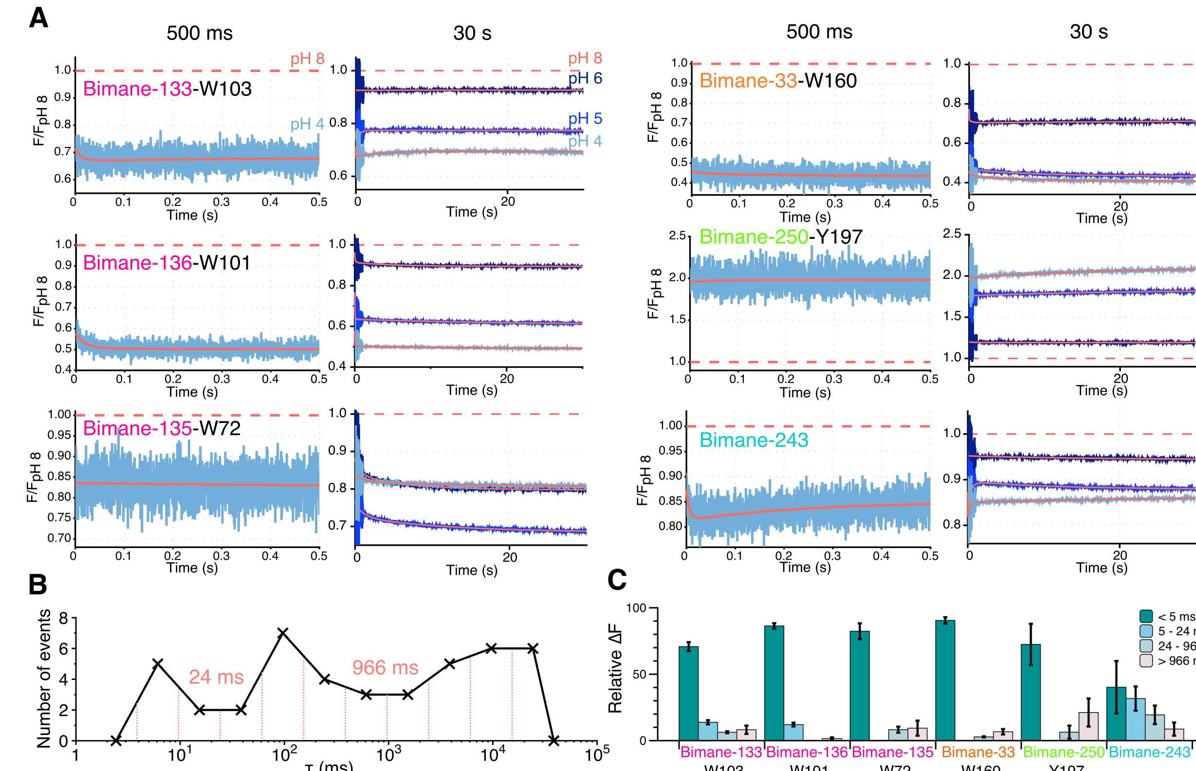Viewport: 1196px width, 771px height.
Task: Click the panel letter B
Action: click(x=38, y=584)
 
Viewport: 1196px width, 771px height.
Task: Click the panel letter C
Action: click(x=617, y=580)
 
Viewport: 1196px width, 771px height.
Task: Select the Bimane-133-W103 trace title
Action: click(x=167, y=89)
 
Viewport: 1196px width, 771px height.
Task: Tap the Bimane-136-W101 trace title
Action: click(x=166, y=263)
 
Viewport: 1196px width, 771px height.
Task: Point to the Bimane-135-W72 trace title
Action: click(x=161, y=428)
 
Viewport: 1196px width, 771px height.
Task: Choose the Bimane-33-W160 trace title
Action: click(x=777, y=81)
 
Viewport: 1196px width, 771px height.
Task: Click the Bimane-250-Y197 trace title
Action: click(x=780, y=237)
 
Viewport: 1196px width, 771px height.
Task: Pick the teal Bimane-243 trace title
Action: click(x=754, y=440)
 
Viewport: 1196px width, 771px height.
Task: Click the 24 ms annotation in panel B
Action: click(x=216, y=677)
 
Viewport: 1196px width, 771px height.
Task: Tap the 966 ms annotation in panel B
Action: click(x=385, y=667)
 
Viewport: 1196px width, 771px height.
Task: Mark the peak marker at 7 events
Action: click(x=283, y=633)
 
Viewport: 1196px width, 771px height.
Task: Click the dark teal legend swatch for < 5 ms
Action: click(x=1146, y=616)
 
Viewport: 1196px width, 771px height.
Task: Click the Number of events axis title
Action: click(x=44, y=679)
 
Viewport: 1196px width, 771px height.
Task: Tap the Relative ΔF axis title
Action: click(x=615, y=668)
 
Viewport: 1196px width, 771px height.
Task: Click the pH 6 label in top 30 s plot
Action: click(x=585, y=78)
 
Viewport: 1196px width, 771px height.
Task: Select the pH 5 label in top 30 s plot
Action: click(x=585, y=119)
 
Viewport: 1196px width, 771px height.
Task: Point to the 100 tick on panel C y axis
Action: click(x=636, y=608)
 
